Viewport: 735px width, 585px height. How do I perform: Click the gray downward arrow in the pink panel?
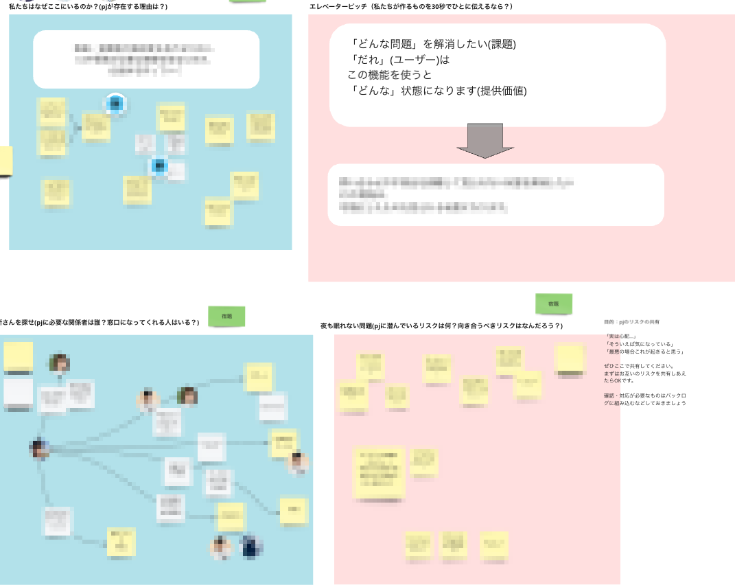tap(485, 140)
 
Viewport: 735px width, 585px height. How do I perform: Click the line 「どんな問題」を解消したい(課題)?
tap(433, 45)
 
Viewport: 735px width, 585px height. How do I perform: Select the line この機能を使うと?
tap(390, 75)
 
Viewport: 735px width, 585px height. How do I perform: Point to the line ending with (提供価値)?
tap(438, 91)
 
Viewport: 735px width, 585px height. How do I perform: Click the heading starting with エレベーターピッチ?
tap(410, 6)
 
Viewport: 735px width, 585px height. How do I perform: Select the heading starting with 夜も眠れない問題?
tap(441, 325)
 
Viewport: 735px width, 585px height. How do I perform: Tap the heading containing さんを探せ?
tap(100, 322)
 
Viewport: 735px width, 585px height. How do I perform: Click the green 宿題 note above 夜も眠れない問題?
tap(553, 303)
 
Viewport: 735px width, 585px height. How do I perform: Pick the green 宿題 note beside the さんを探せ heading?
tap(226, 317)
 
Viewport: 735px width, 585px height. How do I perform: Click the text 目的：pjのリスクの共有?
tap(632, 322)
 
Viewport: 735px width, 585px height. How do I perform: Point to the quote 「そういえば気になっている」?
tap(639, 344)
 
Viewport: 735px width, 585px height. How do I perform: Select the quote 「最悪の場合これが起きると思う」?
tap(644, 352)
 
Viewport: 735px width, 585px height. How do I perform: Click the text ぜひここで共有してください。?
tap(639, 366)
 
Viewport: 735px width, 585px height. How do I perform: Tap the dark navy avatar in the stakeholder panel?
tap(251, 547)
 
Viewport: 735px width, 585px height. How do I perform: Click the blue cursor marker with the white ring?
tap(115, 104)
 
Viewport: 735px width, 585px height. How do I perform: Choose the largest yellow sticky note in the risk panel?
tap(379, 472)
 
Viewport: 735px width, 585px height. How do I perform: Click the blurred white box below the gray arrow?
tap(495, 195)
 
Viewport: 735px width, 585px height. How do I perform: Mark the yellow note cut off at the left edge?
tap(5, 161)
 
